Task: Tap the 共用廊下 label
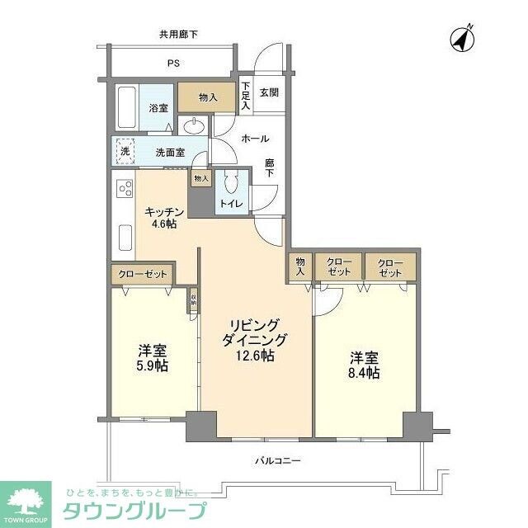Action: [x=179, y=34]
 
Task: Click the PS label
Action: [x=174, y=64]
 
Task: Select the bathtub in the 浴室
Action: [x=125, y=107]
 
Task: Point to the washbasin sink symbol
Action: [x=195, y=126]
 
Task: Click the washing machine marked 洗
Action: [x=125, y=151]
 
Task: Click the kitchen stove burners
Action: [x=125, y=189]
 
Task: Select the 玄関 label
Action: [x=270, y=92]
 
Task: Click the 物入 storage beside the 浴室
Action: [x=208, y=97]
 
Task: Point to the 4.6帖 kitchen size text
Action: [x=162, y=224]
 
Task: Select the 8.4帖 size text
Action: [x=364, y=373]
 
